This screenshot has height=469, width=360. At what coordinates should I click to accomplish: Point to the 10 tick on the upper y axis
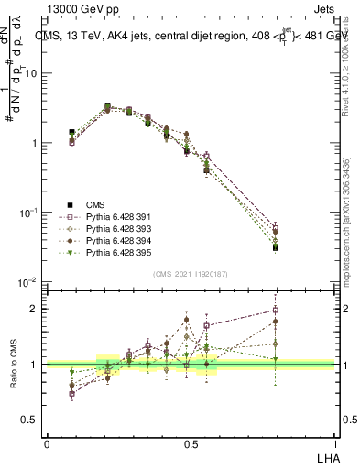tap(34, 73)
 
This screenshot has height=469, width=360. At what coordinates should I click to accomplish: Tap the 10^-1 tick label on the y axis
tap(32, 213)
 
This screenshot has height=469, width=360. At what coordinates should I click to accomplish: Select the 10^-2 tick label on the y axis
tap(32, 282)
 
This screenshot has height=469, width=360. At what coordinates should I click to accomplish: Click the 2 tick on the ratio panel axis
tap(37, 309)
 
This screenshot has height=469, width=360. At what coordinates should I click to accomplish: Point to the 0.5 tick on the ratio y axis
tap(33, 420)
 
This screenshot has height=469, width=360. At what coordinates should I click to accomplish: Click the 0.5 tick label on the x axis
tap(190, 444)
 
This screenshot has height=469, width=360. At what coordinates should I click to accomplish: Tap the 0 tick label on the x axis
tap(47, 444)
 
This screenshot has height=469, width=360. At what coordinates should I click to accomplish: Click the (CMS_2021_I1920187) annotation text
tap(190, 272)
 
